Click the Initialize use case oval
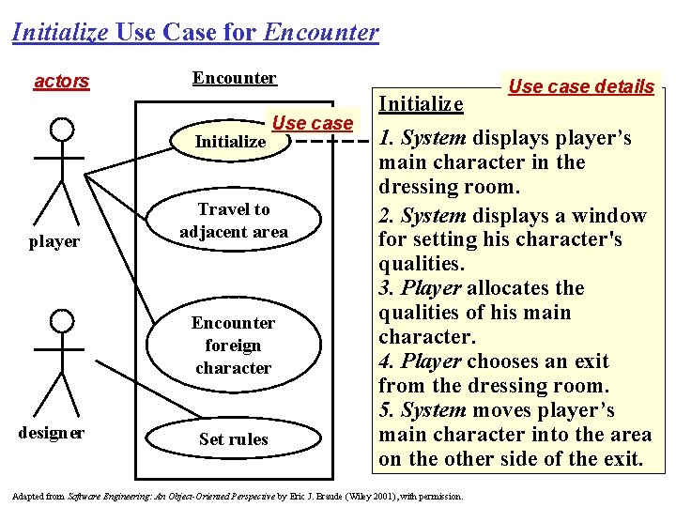click(231, 143)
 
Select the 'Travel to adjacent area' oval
click(234, 221)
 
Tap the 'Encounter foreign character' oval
click(234, 345)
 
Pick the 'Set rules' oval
click(234, 438)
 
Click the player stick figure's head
click(61, 129)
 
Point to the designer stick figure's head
click(61, 321)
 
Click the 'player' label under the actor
click(54, 241)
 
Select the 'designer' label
click(52, 433)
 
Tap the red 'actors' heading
click(61, 81)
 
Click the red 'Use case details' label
click(581, 86)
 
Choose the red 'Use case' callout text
click(312, 122)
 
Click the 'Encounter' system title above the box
click(234, 78)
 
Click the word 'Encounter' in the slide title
click(322, 33)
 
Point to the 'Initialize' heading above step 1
click(420, 103)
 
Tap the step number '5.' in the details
click(385, 410)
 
